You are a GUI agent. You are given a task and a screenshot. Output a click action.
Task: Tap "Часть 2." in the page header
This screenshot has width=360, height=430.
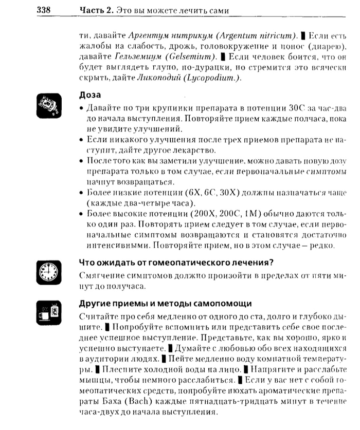click(x=96, y=10)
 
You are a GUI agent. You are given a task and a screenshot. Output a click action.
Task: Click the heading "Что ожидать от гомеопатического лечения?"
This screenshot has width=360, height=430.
click(x=175, y=263)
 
